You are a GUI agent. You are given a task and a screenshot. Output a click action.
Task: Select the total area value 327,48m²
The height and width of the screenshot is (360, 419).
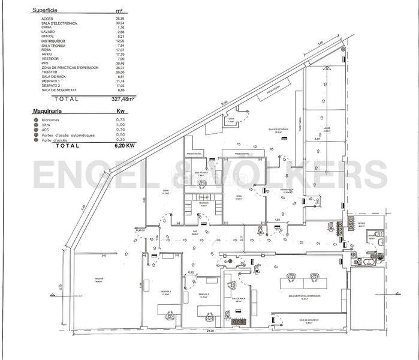(x=123, y=99)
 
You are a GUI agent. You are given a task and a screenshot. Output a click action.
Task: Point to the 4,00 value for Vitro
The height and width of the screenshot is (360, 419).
(x=120, y=125)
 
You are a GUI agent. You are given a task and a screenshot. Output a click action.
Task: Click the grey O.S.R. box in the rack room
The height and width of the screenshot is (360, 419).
(x=237, y=322)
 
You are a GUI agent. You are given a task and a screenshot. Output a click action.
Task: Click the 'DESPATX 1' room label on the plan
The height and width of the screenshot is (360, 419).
(x=204, y=295)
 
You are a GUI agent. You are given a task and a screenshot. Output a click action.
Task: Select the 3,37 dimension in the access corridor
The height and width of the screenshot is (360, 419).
(x=316, y=139)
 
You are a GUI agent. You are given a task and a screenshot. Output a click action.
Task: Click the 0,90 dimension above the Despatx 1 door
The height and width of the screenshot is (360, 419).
(x=191, y=273)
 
